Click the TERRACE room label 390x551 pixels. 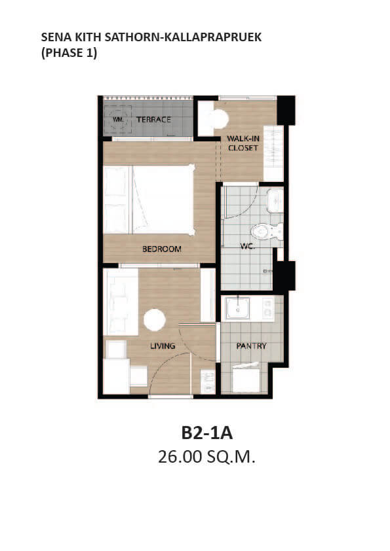click(x=153, y=120)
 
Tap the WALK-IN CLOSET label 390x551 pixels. click(x=243, y=143)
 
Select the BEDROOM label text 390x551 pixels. click(x=161, y=249)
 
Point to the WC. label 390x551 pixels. click(x=248, y=246)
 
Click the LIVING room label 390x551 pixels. click(x=163, y=346)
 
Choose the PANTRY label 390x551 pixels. click(x=251, y=346)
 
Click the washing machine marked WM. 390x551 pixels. click(x=117, y=120)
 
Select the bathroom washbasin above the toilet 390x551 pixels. click(x=275, y=201)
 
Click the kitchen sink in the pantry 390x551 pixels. click(x=238, y=308)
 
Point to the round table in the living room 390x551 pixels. click(x=155, y=320)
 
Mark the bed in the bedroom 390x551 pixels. click(x=149, y=199)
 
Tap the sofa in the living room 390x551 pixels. click(x=121, y=302)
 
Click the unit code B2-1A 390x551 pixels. click(x=207, y=433)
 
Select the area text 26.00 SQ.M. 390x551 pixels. click(x=206, y=457)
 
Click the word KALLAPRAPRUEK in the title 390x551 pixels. click(x=212, y=37)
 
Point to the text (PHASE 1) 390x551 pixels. click(x=69, y=53)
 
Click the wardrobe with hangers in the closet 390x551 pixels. click(x=273, y=154)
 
